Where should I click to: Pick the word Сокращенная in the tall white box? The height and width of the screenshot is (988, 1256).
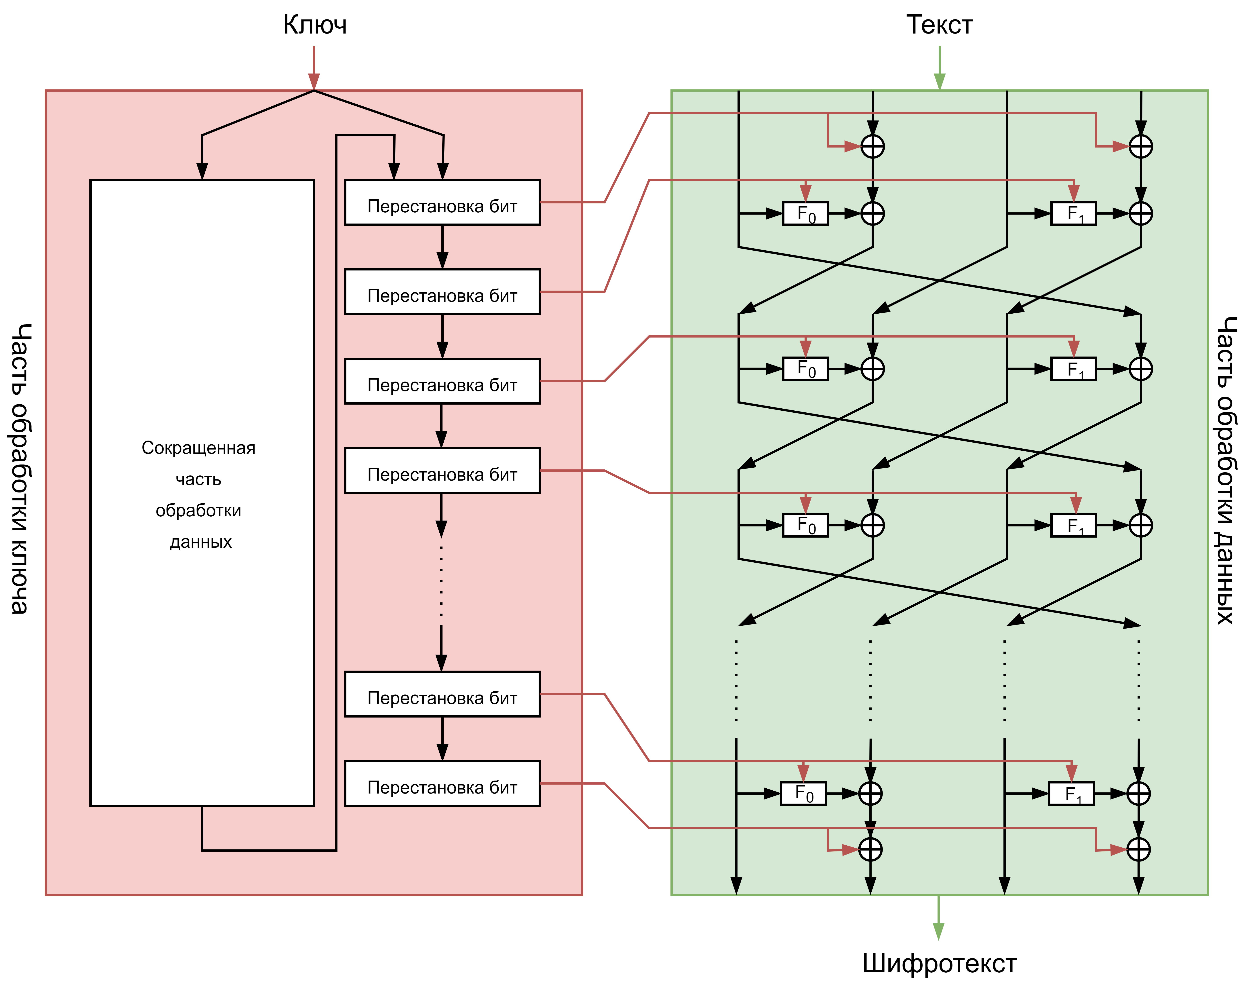coord(198,448)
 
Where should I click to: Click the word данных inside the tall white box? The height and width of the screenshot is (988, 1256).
coord(201,542)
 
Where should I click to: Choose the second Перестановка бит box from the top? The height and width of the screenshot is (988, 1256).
coord(442,292)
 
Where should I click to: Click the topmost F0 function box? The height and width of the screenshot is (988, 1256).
coord(805,213)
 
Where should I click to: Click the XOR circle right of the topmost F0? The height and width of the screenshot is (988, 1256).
coord(873,213)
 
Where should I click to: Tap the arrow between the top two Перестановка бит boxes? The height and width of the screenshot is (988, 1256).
coord(442,248)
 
